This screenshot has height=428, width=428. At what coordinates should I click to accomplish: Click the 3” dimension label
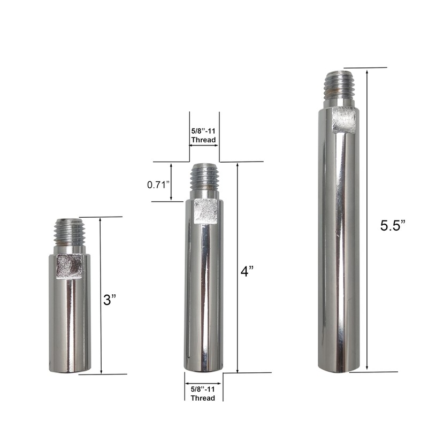110,300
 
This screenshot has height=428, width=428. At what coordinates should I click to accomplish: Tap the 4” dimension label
247,271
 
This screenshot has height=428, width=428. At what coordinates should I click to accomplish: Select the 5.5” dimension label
393,225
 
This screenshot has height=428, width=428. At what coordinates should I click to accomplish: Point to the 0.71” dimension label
158,185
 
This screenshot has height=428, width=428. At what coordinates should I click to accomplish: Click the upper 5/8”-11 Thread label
203,135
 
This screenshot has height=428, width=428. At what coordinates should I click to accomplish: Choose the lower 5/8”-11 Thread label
203,393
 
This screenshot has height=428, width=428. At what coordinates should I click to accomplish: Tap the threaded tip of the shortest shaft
70,232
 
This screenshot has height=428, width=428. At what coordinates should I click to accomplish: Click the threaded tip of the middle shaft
205,177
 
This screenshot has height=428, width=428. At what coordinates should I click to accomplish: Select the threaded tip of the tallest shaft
339,85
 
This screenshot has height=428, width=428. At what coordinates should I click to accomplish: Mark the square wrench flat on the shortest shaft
69,266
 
